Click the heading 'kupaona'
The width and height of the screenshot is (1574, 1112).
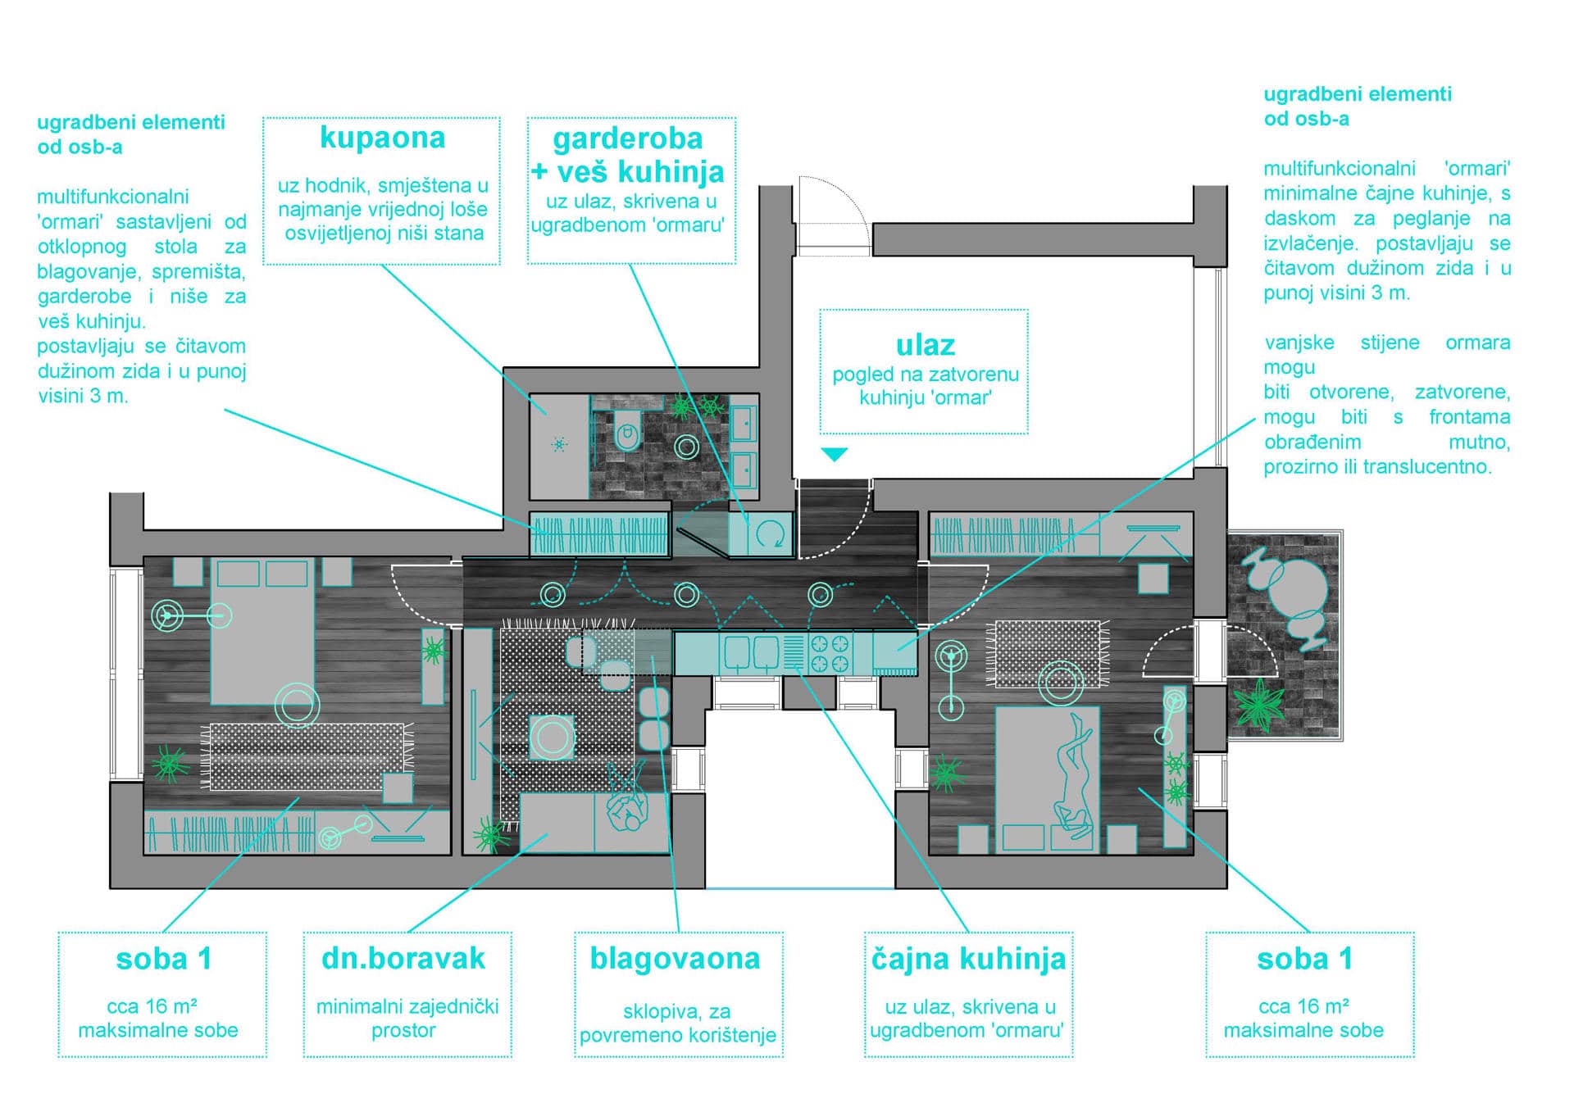382,138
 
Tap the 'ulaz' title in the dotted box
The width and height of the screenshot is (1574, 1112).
925,345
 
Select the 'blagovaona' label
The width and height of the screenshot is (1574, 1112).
675,959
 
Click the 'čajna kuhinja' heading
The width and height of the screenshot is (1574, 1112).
968,959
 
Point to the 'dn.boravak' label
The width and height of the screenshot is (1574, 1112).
403,959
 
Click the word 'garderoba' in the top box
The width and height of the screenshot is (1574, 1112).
628,138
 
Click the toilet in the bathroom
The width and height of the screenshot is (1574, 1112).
627,429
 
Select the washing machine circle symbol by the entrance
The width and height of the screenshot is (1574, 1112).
769,535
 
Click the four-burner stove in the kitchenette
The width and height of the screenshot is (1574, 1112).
830,654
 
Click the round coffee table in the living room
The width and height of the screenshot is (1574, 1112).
552,737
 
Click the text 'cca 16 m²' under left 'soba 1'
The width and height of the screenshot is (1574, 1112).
152,1006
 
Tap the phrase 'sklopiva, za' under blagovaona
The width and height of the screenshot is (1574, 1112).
676,1011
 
